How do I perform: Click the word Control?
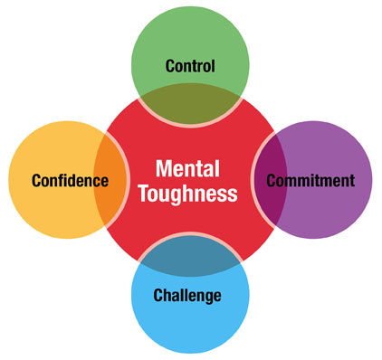point(190,65)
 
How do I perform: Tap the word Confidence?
point(70,180)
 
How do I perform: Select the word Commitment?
point(310,180)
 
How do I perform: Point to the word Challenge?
point(187,295)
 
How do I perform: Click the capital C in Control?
point(170,65)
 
